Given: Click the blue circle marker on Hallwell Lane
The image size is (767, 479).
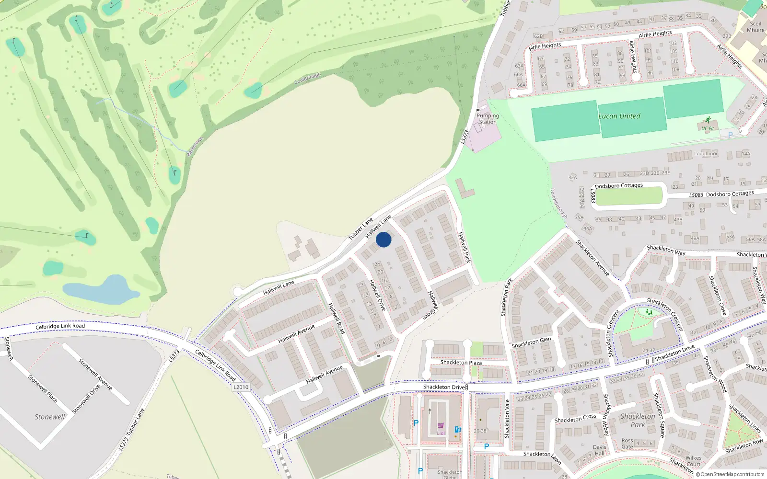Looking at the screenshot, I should (x=383, y=239).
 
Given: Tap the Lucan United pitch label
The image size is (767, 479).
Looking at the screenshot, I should (x=619, y=116).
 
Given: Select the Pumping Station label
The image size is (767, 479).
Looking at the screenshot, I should (x=488, y=119).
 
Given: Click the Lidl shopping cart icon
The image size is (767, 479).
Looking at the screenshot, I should (x=441, y=425).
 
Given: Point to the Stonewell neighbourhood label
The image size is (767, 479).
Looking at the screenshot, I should (x=49, y=417).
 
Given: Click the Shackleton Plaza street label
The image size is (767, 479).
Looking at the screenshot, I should (x=461, y=363).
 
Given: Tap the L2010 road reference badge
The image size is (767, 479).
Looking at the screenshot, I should (x=241, y=387).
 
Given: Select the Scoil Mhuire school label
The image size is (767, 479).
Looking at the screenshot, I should (x=755, y=27).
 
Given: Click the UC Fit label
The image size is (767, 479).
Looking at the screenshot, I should (x=708, y=128).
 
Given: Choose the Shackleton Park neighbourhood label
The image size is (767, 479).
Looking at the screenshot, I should (x=638, y=420).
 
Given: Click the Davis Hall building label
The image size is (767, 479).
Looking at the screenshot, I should (x=600, y=450).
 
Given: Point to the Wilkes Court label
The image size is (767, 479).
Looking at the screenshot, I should (x=693, y=461).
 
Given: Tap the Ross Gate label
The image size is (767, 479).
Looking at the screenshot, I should (x=627, y=444).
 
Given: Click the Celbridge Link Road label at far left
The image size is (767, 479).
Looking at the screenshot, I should (x=60, y=326).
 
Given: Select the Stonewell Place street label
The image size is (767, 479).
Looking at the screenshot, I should (x=43, y=388).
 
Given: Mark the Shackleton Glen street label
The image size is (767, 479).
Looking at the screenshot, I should (x=531, y=342).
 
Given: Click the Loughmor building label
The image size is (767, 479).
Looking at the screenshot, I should (x=706, y=154).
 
